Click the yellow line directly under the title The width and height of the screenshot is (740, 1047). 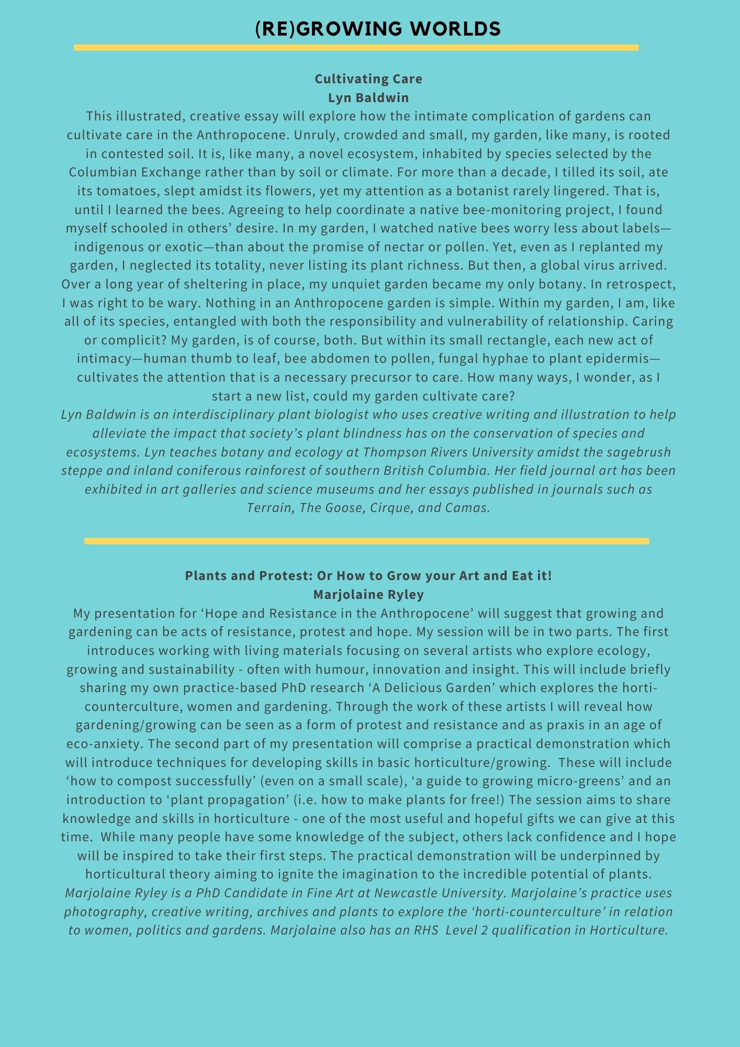coord(356,48)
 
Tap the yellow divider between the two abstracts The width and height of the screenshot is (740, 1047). coord(366,541)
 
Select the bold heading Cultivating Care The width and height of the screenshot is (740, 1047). coord(368,79)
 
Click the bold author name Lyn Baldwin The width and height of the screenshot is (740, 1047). coord(368,97)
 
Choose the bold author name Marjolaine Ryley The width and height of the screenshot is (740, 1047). coord(368,595)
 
